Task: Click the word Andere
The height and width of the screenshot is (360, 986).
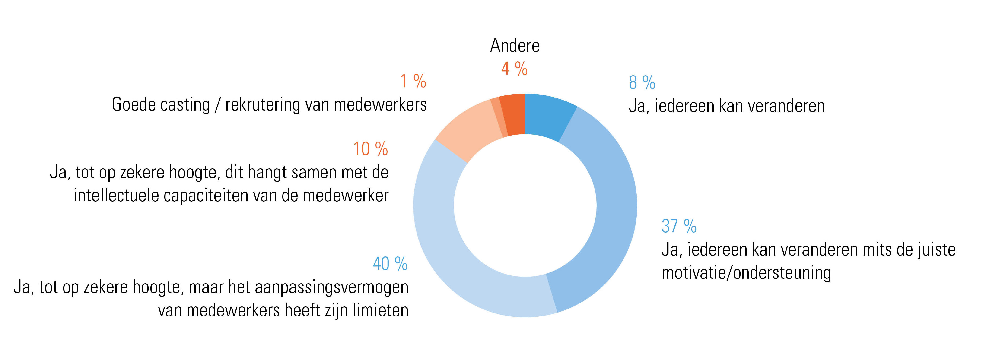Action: (515, 46)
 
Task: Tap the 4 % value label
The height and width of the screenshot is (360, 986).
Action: (514, 69)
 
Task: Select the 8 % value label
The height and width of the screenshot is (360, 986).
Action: (642, 83)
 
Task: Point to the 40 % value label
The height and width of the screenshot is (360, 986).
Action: (390, 264)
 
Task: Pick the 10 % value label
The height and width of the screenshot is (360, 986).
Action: (370, 149)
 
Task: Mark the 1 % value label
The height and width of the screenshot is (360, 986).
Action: (413, 81)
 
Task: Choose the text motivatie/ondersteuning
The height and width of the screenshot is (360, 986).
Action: (746, 273)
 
